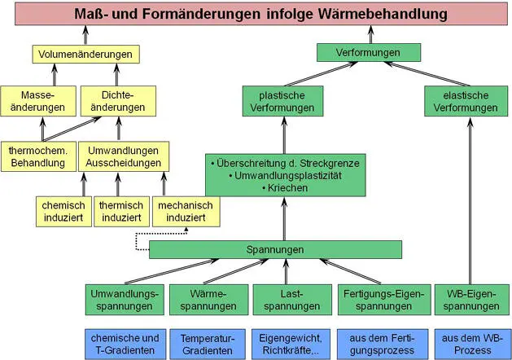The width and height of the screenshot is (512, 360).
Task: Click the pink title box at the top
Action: (x=255, y=14)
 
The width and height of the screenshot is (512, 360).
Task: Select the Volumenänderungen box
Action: (x=85, y=55)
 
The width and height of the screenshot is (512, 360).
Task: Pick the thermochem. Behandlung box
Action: (x=38, y=156)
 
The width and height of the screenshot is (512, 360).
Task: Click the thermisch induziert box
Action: (x=121, y=211)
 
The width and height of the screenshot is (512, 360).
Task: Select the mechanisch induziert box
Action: (x=185, y=211)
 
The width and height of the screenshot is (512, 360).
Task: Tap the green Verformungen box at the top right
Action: (x=369, y=52)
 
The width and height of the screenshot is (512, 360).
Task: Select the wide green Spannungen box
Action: (x=275, y=249)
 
